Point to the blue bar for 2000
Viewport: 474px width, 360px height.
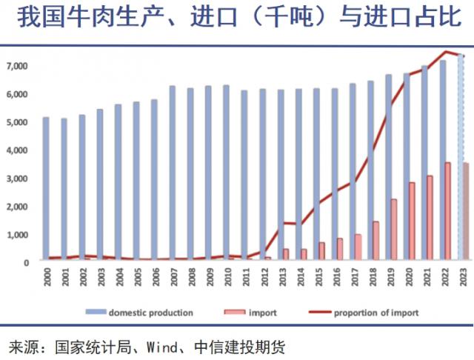[46, 188]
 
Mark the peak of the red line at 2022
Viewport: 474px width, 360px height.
[446, 51]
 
